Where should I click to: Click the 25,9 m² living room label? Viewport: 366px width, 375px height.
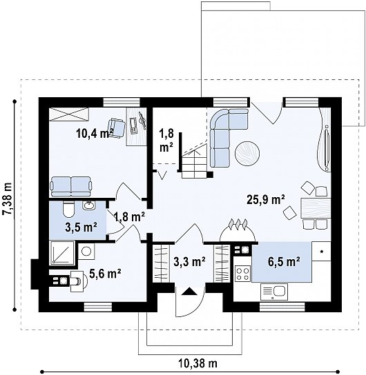266,200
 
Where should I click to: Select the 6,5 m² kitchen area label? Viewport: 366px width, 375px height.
284,262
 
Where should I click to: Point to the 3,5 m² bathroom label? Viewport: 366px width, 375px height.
81,227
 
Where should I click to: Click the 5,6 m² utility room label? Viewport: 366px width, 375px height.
105,274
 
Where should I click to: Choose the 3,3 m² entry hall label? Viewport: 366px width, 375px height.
189,262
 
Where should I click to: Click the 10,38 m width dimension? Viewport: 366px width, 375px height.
198,363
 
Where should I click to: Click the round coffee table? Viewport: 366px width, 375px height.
247,153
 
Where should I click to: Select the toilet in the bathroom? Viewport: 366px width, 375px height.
69,209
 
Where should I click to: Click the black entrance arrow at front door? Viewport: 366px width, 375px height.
189,292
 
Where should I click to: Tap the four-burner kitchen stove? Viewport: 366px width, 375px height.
242,274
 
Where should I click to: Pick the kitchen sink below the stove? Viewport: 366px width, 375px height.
274,292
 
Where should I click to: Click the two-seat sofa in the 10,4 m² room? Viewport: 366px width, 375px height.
71,187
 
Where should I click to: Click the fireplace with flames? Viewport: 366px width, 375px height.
238,231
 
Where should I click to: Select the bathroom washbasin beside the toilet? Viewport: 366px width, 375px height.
89,205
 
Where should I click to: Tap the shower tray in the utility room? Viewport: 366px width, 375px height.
62,252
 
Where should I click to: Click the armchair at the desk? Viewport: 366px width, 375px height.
117,128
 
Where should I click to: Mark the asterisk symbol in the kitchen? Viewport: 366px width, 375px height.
321,252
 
